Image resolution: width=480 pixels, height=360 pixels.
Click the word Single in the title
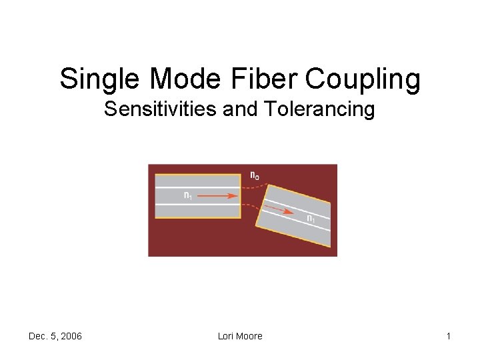click(x=101, y=79)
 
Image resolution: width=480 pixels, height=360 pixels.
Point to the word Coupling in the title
click(x=363, y=79)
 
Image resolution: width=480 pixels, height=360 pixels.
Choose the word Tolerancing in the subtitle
click(x=319, y=109)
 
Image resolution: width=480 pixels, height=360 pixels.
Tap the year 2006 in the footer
click(x=71, y=336)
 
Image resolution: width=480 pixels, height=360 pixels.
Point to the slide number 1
click(x=449, y=336)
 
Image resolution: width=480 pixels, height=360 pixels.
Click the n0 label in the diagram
click(x=255, y=175)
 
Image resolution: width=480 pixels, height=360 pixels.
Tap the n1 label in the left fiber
click(x=188, y=195)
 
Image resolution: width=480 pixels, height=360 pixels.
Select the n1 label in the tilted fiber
click(x=311, y=218)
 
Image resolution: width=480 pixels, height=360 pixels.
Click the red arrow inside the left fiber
click(x=219, y=196)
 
